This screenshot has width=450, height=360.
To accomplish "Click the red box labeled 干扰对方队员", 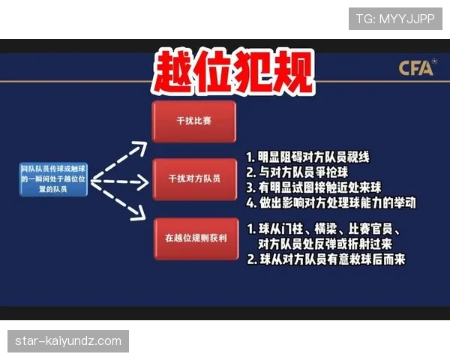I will [x=193, y=179].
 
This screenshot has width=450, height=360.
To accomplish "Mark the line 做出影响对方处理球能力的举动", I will [x=330, y=202].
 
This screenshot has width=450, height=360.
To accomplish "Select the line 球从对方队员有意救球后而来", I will [x=326, y=259].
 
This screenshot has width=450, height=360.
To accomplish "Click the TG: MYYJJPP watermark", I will [x=395, y=18].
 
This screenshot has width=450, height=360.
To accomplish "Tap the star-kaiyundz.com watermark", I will [x=68, y=341].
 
